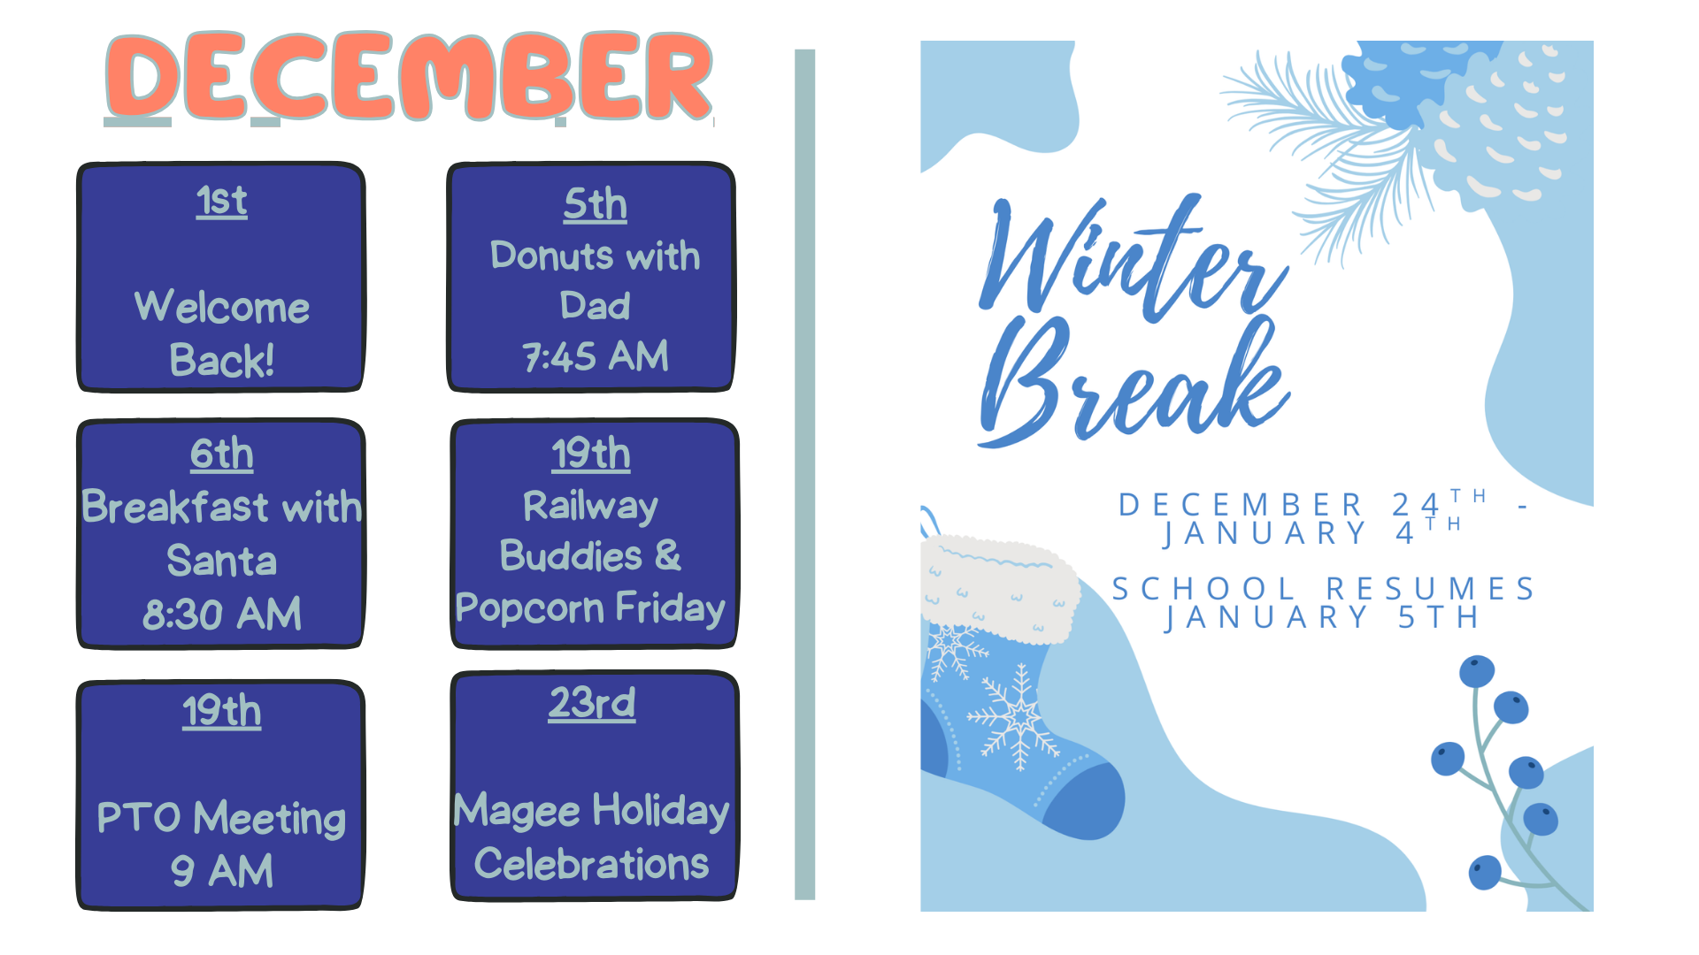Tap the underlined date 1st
pyautogui.click(x=221, y=201)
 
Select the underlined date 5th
pyautogui.click(x=595, y=204)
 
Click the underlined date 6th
pyautogui.click(x=221, y=454)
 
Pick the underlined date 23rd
pyautogui.click(x=592, y=703)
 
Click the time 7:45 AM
pyautogui.click(x=596, y=356)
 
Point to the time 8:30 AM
pyautogui.click(x=222, y=614)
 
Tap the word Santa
pyautogui.click(x=222, y=561)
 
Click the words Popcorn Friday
pyautogui.click(x=590, y=608)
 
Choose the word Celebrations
pyautogui.click(x=592, y=864)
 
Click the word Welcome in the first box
pyautogui.click(x=222, y=307)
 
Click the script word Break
pyautogui.click(x=1133, y=383)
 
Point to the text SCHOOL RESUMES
pyautogui.click(x=1323, y=589)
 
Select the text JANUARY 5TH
pyautogui.click(x=1323, y=617)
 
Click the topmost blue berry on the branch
pyautogui.click(x=1477, y=671)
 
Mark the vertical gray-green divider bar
pyautogui.click(x=804, y=475)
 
